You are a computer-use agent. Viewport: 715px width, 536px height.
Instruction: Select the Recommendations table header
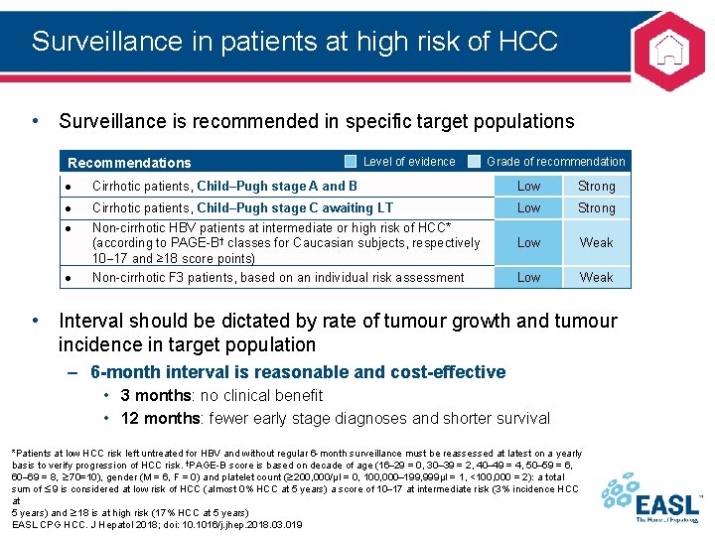click(x=129, y=163)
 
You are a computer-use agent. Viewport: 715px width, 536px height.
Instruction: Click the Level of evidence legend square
click(x=351, y=162)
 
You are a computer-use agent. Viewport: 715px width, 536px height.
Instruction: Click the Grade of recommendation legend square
click(x=474, y=162)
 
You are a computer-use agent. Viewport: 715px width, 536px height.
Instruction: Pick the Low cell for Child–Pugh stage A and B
click(x=529, y=187)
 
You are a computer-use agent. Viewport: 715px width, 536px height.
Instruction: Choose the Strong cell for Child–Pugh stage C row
click(x=596, y=208)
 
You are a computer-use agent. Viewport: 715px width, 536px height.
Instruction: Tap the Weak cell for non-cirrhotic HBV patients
click(x=596, y=242)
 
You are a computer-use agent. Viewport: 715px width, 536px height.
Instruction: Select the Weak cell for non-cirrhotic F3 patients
click(x=596, y=278)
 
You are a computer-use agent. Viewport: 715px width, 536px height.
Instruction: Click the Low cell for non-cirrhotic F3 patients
click(x=529, y=278)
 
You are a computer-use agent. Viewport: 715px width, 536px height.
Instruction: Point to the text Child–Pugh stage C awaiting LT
click(x=295, y=208)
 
